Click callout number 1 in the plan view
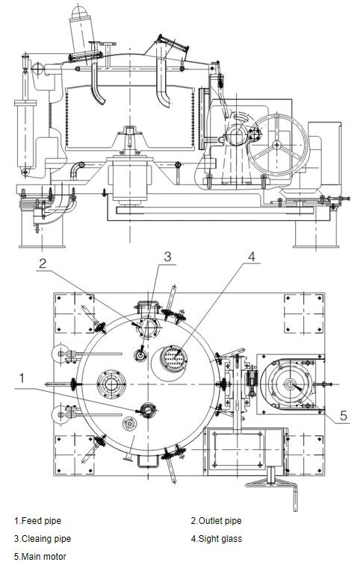coord(22,378)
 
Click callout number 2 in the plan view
coord(43,263)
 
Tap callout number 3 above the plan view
coord(167,257)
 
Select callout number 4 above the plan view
coord(252,256)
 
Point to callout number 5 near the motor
coord(343,416)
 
